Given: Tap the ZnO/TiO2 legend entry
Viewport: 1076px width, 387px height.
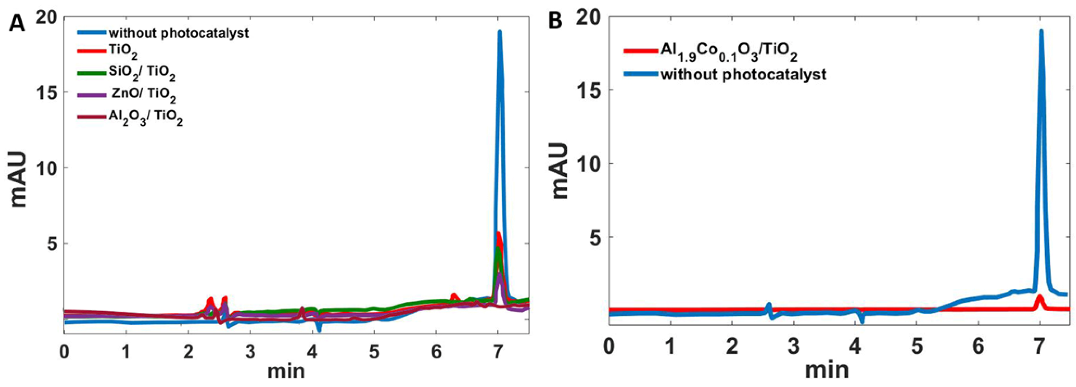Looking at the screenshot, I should pyautogui.click(x=143, y=95).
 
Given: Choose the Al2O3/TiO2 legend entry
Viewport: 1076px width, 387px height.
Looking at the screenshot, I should pyautogui.click(x=145, y=118).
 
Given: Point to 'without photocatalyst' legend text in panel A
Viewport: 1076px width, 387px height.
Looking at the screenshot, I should pyautogui.click(x=178, y=32).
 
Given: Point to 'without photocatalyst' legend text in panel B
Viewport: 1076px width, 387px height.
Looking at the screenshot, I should pyautogui.click(x=743, y=74).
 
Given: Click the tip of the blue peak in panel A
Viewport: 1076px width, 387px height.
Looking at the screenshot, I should pyautogui.click(x=499, y=32).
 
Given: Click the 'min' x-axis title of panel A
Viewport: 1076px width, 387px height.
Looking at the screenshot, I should pyautogui.click(x=286, y=370).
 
